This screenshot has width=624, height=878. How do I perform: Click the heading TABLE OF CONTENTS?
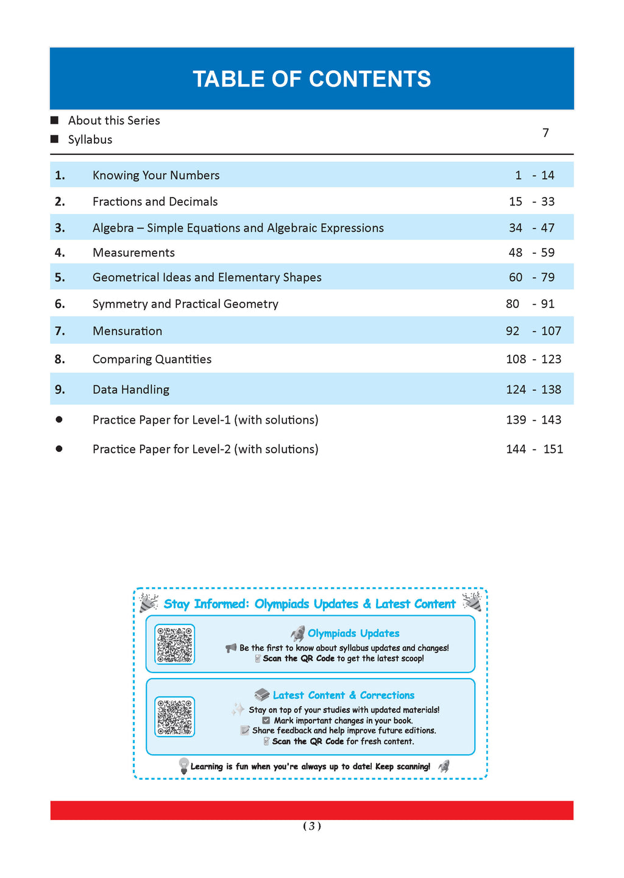click(311, 79)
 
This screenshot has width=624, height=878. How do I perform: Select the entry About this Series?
click(114, 121)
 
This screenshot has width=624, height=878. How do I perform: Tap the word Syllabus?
click(90, 140)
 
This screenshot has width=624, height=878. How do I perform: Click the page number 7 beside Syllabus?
click(545, 132)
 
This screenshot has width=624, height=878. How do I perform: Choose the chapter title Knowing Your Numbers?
click(156, 176)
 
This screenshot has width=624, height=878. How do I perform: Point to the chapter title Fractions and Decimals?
click(155, 202)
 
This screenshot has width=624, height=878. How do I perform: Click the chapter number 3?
click(60, 228)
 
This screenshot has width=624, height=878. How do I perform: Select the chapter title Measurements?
click(133, 252)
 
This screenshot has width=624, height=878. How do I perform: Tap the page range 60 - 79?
click(531, 277)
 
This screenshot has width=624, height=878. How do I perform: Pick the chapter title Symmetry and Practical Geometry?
click(185, 304)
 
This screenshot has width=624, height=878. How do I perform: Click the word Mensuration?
click(127, 331)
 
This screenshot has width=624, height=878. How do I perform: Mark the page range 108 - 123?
click(533, 359)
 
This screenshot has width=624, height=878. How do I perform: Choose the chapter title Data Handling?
click(131, 390)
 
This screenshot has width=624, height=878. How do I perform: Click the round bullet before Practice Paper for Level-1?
click(59, 419)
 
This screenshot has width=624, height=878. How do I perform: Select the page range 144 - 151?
click(534, 449)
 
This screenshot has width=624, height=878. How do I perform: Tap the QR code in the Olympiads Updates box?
click(175, 644)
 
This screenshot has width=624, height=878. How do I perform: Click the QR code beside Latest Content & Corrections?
click(175, 716)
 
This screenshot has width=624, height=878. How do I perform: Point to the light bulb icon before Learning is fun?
click(183, 766)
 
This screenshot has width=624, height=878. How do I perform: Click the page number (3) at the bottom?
click(311, 826)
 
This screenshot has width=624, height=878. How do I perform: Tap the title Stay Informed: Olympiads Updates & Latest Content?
click(310, 604)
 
